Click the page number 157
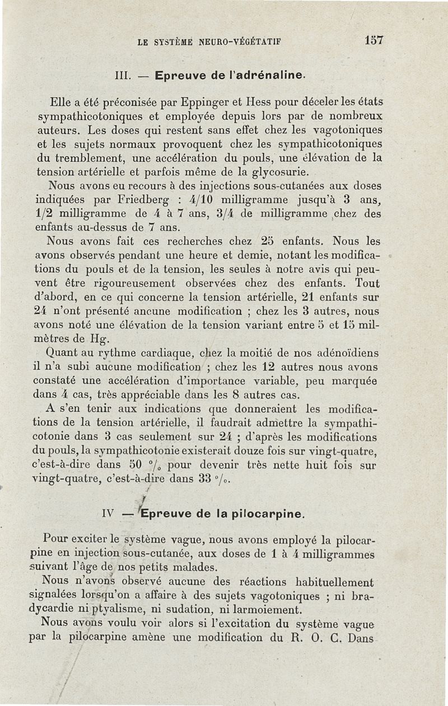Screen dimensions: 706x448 coord(373,41)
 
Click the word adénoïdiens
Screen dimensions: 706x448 coord(343,353)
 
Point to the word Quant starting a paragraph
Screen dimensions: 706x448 coord(65,353)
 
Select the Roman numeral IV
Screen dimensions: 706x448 coord(109,513)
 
